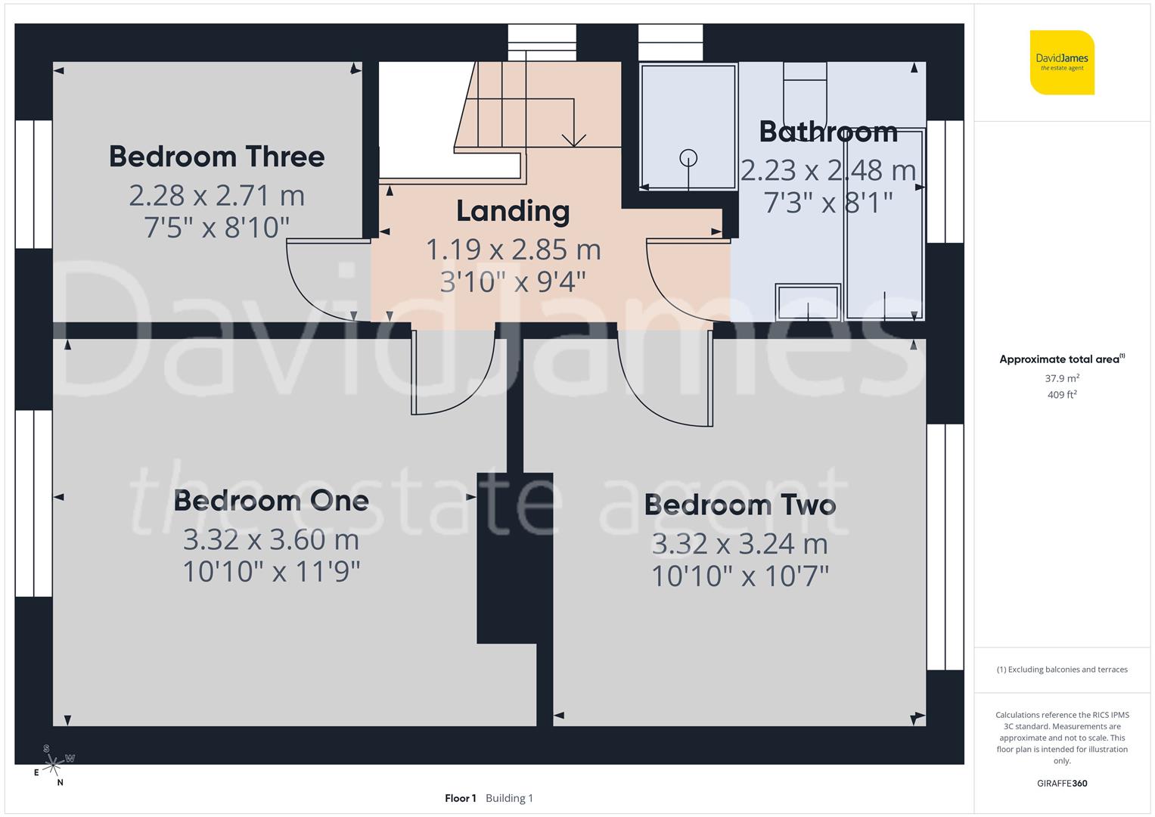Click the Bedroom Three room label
(216, 157)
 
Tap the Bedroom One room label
(271, 501)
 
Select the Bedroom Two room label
(740, 505)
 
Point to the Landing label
(512, 211)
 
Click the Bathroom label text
(828, 132)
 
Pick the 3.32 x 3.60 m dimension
(271, 539)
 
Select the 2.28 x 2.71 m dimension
(216, 195)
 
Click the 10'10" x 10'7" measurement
(740, 576)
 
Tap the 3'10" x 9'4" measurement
(512, 281)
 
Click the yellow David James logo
(1062, 62)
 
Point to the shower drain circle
(688, 158)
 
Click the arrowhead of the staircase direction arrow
(575, 141)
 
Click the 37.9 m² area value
(1062, 378)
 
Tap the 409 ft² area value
(1062, 394)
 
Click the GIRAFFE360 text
(1062, 783)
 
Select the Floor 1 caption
(460, 798)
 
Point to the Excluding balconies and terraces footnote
(1062, 669)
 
